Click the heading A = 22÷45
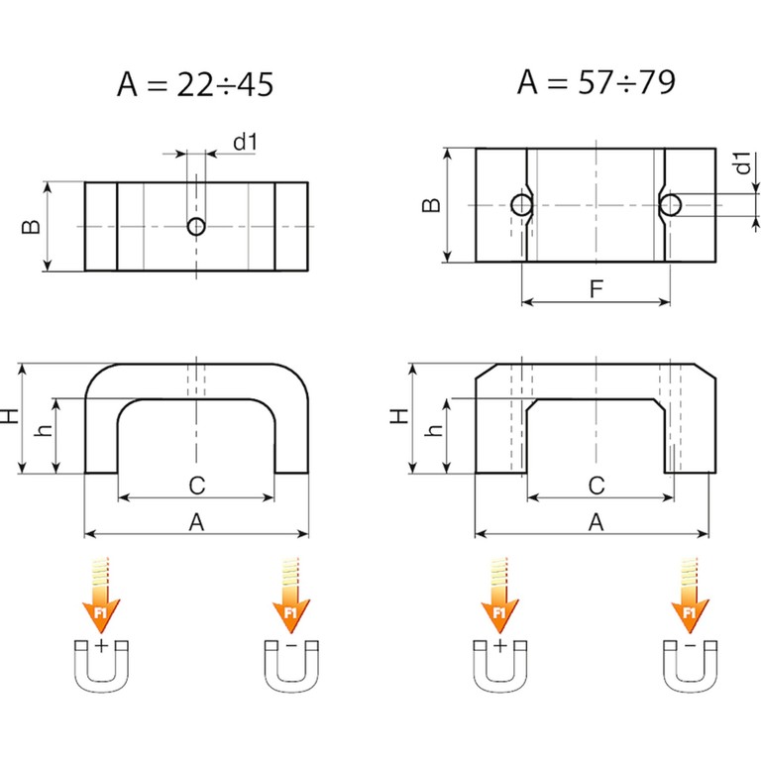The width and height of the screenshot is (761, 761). tap(195, 84)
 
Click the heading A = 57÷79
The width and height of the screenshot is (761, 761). tap(596, 81)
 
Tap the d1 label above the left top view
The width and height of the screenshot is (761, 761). tap(246, 142)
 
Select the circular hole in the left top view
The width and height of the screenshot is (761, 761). tap(196, 226)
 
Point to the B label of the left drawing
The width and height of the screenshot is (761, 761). tap(32, 227)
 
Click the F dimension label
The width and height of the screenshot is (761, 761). tap(596, 288)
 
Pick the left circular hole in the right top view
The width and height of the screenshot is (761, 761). tap(521, 205)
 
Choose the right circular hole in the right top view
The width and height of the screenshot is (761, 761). tap(671, 205)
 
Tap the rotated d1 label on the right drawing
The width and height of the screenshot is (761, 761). tap(742, 163)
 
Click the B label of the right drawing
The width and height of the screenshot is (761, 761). tap(431, 205)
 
